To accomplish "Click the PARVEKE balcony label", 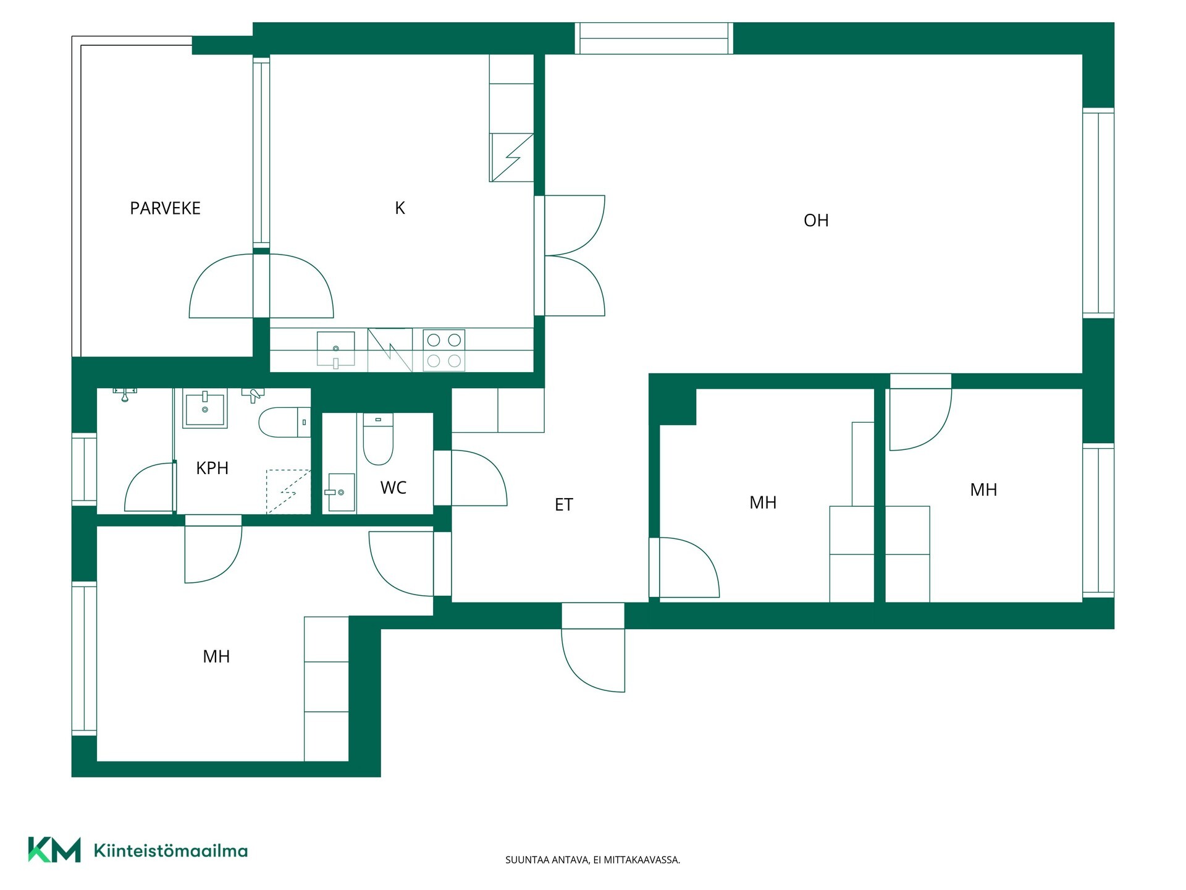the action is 165,208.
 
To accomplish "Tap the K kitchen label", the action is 400,208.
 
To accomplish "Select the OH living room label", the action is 816,221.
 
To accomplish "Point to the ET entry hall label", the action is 563,505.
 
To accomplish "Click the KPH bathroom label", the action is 212,468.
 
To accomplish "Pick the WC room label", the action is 393,488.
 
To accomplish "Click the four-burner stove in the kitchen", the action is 444,350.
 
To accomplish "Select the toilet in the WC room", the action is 378,439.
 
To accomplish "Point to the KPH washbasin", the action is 205,408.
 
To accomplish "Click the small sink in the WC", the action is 340,493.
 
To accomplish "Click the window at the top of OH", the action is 654,38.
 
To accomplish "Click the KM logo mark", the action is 54,850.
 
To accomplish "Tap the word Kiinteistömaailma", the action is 170,850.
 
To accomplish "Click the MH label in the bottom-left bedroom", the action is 216,656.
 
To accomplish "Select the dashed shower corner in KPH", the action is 288,492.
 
